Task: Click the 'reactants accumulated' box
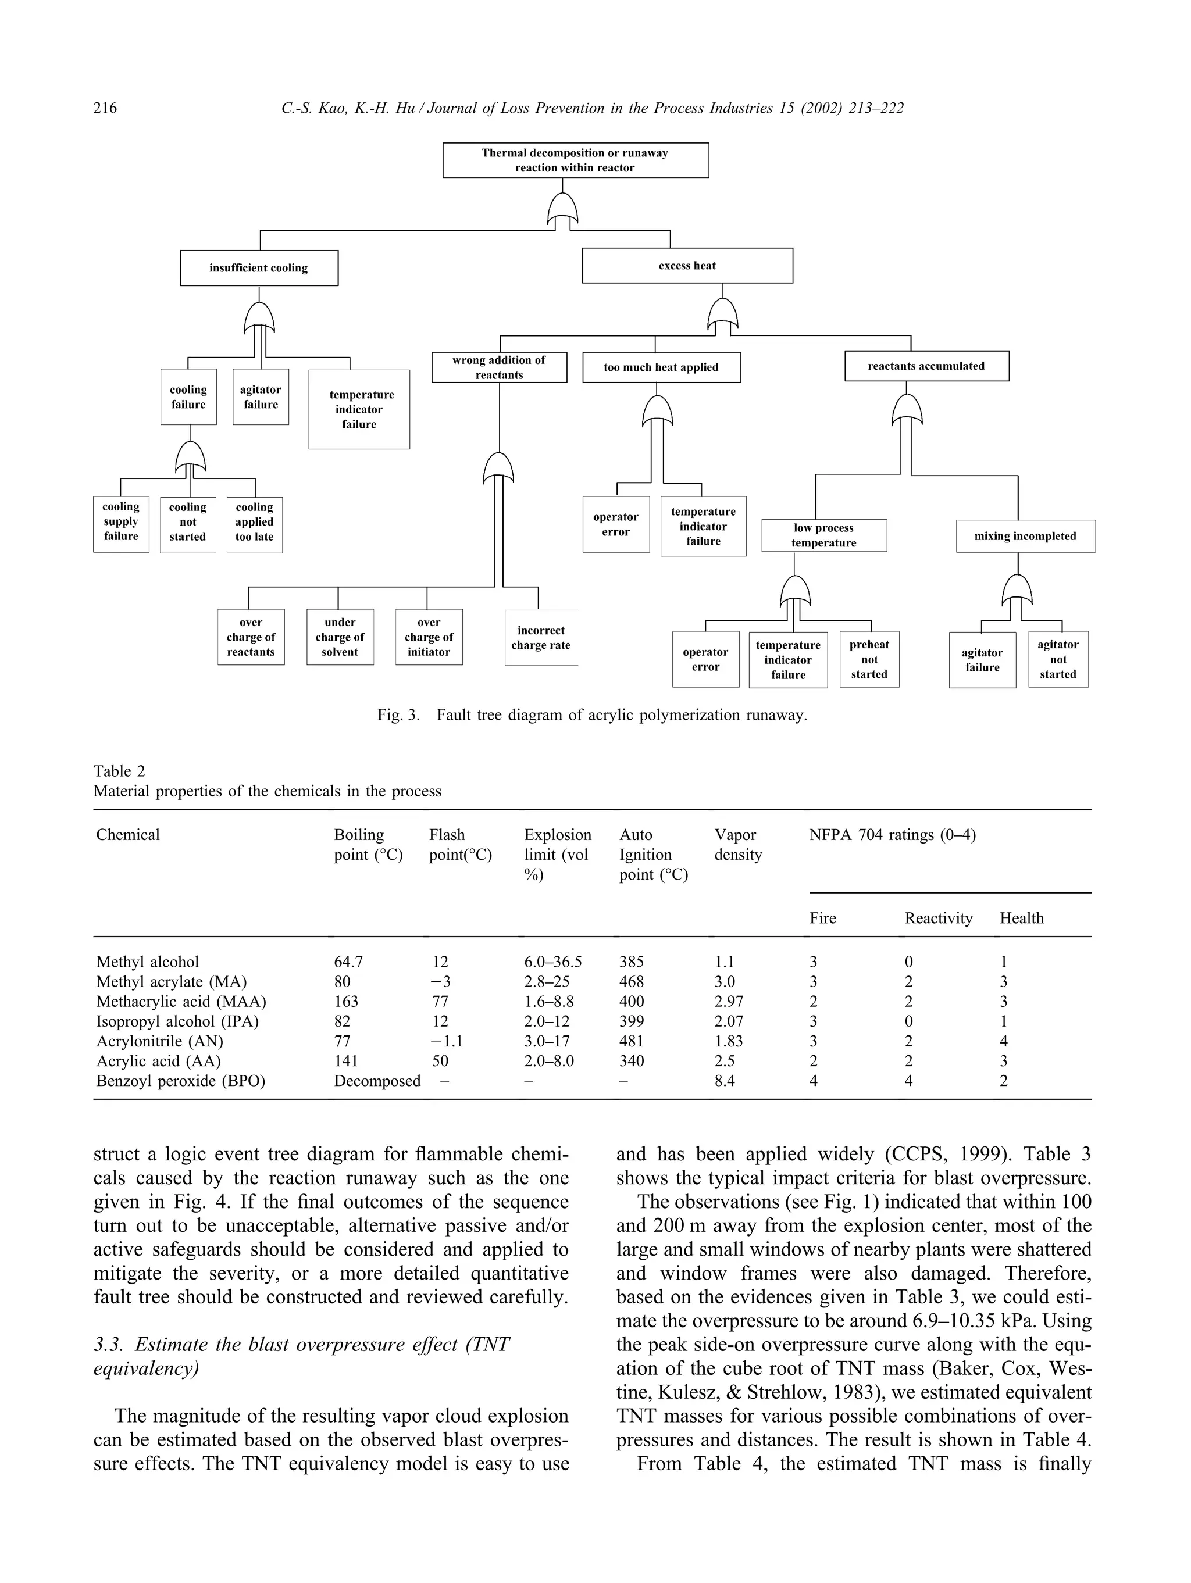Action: [926, 366]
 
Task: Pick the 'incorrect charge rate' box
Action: [540, 638]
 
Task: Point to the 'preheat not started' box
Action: [869, 659]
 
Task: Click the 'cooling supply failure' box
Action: [121, 524]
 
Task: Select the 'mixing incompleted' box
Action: [1025, 536]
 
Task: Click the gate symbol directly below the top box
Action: [562, 210]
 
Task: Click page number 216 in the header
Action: [105, 108]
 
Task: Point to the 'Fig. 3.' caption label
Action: [398, 715]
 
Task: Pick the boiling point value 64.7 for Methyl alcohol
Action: [348, 962]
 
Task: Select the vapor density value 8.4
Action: [725, 1081]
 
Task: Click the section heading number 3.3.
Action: [108, 1345]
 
